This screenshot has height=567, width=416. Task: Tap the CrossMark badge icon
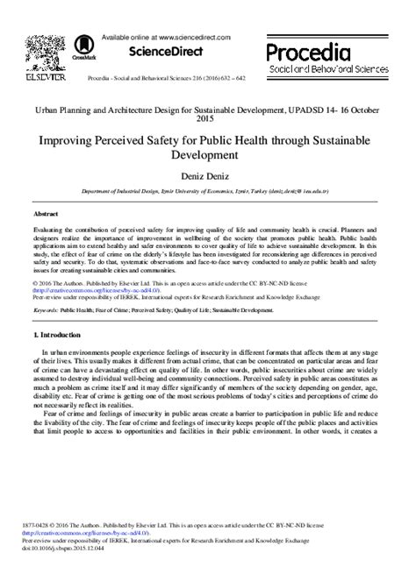(85, 43)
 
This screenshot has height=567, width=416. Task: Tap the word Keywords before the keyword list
(46, 309)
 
